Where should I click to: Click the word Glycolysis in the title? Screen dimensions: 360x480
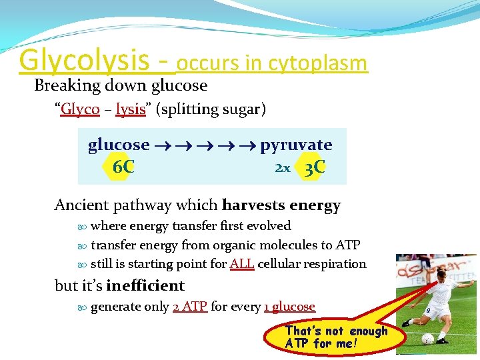(x=84, y=60)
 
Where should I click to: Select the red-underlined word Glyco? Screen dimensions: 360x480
(x=80, y=109)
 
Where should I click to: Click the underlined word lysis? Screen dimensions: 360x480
(x=130, y=109)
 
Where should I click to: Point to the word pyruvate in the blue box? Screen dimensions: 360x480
(x=296, y=145)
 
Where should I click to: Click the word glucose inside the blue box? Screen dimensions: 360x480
(x=119, y=145)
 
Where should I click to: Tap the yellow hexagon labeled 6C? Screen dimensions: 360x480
(x=123, y=167)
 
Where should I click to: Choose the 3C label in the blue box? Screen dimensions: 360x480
(x=314, y=167)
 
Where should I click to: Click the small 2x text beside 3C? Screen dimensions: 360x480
(x=283, y=169)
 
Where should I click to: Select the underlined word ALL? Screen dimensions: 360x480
(x=242, y=264)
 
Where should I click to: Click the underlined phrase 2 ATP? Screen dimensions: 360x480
(x=189, y=307)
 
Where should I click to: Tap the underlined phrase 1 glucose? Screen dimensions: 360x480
(x=289, y=307)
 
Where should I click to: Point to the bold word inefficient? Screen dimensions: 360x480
(x=145, y=286)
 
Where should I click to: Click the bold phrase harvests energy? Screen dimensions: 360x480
(x=281, y=205)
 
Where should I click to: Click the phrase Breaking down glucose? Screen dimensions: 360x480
(x=121, y=85)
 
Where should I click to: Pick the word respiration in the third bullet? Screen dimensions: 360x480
(x=333, y=264)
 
